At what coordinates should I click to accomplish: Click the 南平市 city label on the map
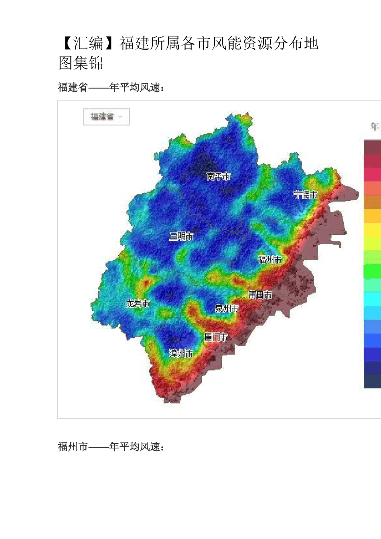pos(218,176)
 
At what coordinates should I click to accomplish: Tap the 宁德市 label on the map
pos(306,195)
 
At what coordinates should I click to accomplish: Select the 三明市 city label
pos(181,236)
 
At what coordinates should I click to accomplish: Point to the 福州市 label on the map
pos(270,260)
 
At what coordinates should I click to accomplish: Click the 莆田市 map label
pos(260,295)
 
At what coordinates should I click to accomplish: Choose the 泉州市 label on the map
pos(227,308)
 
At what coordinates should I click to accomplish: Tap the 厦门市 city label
pos(216,337)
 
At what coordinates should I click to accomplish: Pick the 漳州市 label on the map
pos(181,353)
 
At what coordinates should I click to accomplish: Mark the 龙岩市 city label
pos(138,303)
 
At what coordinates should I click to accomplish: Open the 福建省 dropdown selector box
pos(106,117)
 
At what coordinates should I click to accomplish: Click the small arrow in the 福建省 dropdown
pos(120,117)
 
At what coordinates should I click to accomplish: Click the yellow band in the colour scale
pos(373,230)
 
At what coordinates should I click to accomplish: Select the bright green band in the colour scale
pos(373,271)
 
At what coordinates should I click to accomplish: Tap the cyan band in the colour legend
pos(373,299)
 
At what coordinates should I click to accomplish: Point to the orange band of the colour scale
pos(373,202)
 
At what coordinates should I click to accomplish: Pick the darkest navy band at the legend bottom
pos(373,381)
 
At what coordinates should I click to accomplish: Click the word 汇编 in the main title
pos(88,43)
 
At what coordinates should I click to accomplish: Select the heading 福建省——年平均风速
pos(111,87)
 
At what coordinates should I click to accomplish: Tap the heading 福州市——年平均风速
pos(111,447)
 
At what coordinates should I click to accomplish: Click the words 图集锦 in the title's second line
pos(81,63)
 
